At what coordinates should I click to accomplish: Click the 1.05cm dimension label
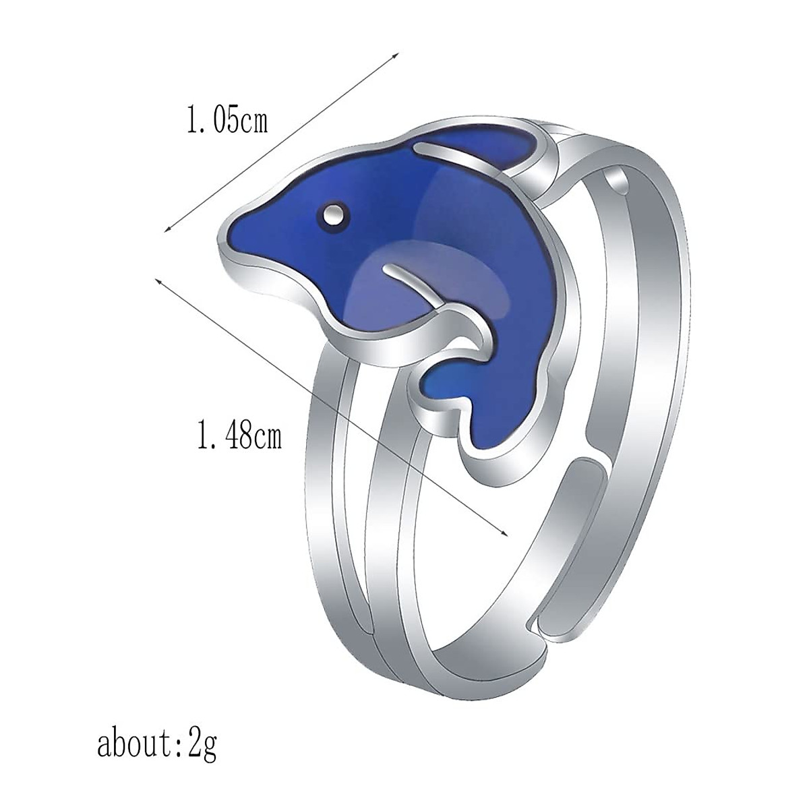point(227,121)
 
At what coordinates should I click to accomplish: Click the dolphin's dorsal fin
point(499,145)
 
